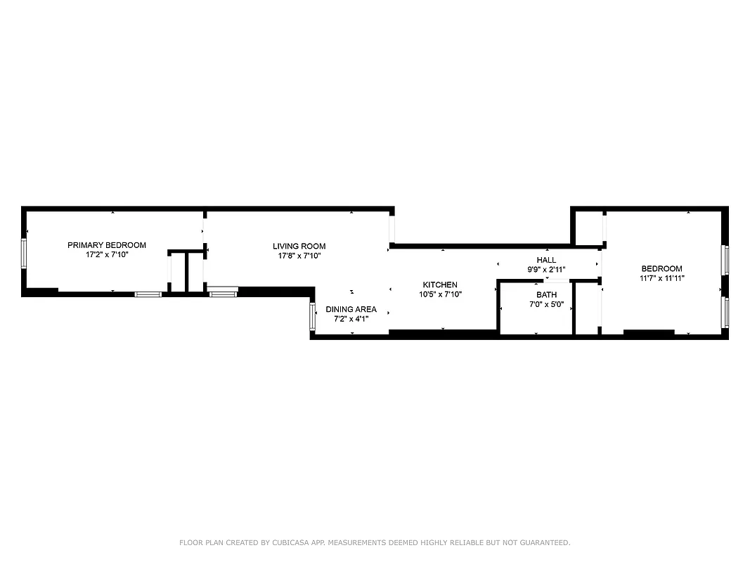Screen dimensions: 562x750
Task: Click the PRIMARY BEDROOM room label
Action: click(107, 245)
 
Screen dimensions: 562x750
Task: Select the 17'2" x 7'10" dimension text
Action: click(107, 255)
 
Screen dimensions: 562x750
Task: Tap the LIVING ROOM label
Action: click(299, 246)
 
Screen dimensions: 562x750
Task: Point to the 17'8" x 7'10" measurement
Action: click(299, 256)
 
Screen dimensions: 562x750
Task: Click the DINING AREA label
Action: click(351, 309)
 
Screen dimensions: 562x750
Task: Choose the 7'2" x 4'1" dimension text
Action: click(351, 319)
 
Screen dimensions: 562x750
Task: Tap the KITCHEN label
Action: click(440, 285)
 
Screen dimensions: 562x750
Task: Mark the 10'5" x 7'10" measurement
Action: click(440, 294)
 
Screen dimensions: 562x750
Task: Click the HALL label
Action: click(546, 260)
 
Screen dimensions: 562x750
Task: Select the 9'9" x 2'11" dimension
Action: click(546, 270)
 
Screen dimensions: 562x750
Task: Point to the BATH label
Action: click(546, 295)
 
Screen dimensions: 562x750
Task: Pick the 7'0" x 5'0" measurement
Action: click(546, 305)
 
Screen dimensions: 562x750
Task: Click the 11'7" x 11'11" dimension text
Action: click(661, 278)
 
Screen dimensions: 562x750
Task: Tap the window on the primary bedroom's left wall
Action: click(24, 254)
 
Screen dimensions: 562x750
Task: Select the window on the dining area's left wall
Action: click(313, 316)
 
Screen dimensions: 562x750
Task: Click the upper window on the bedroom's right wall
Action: click(726, 259)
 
